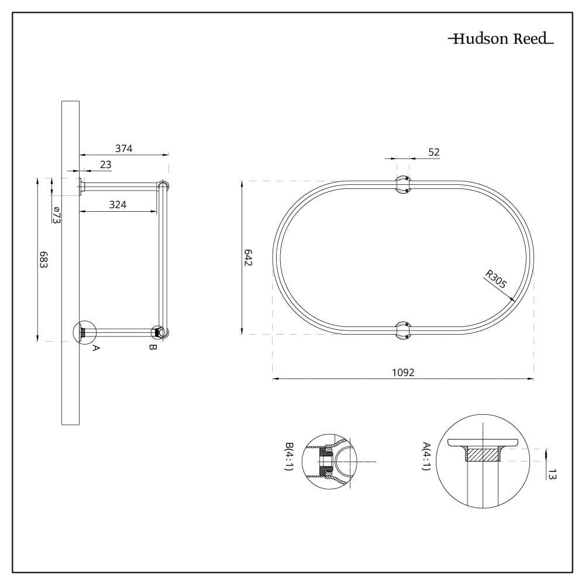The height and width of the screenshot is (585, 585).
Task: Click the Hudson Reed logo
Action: (501, 39)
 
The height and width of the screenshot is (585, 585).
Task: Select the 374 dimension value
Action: (124, 149)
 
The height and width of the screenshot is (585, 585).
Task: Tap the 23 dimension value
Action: (105, 164)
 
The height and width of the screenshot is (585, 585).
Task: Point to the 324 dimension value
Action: (118, 204)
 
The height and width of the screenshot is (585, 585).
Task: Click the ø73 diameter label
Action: (56, 215)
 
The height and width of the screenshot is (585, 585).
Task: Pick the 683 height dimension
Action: (44, 260)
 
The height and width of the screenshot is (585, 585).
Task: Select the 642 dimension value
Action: (248, 257)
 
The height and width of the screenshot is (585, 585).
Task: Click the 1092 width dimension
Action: (403, 372)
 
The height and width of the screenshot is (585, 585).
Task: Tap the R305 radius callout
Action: (496, 279)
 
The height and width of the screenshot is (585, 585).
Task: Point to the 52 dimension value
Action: (434, 152)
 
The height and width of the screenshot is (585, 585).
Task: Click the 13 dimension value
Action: (553, 475)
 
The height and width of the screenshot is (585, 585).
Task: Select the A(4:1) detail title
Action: (426, 456)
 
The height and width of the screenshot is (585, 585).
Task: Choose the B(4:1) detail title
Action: (289, 456)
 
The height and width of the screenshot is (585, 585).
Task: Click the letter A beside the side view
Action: (96, 348)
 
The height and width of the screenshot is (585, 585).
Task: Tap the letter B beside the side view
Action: (153, 347)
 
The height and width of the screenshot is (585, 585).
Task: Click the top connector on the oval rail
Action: (402, 185)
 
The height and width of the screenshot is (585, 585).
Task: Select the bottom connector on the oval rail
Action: (403, 331)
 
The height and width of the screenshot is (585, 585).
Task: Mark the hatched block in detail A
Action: (483, 455)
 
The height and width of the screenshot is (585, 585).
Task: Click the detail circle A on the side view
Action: (85, 331)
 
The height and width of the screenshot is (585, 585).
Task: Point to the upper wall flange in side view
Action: (81, 187)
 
